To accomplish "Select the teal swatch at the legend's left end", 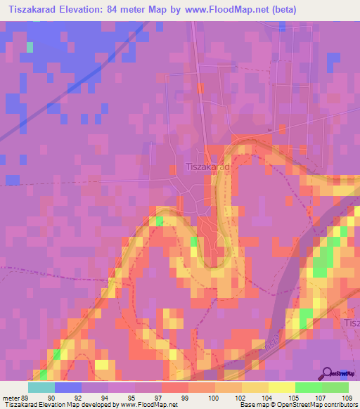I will (41, 387).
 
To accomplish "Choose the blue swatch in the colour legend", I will (68, 387).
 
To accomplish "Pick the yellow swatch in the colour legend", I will (281, 387).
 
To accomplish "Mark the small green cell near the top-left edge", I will (30, 47).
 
